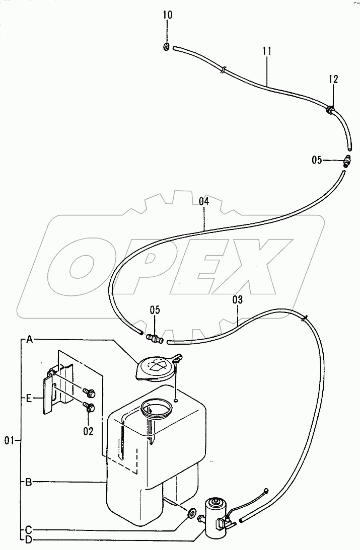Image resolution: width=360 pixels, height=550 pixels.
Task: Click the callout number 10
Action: pyautogui.click(x=167, y=15)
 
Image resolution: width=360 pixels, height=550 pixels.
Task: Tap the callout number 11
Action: pyautogui.click(x=267, y=50)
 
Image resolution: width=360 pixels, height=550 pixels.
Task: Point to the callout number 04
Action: pyautogui.click(x=203, y=201)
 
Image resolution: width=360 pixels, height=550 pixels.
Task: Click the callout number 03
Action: pyautogui.click(x=238, y=299)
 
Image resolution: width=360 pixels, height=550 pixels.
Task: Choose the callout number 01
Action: pyautogui.click(x=8, y=441)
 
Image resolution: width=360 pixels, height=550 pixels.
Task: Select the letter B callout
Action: pyautogui.click(x=29, y=482)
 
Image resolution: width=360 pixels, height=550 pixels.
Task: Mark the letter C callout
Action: pyautogui.click(x=29, y=529)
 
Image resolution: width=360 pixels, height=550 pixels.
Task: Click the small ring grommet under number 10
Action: pyautogui.click(x=167, y=47)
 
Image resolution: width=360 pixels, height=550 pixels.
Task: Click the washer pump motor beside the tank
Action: pyautogui.click(x=216, y=513)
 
